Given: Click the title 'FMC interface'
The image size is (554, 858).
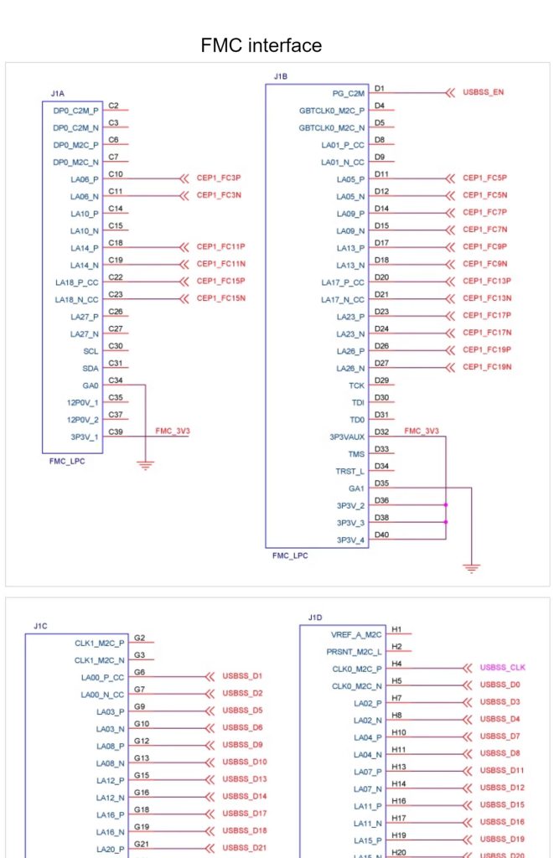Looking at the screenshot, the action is (261, 45).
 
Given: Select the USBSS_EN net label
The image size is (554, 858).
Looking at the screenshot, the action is (483, 92).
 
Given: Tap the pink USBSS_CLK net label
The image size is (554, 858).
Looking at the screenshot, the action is (502, 667).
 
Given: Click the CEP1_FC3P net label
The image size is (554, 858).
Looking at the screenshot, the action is (219, 178).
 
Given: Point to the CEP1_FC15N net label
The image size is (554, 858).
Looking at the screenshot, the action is (220, 298).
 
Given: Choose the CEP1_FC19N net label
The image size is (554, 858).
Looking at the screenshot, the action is (487, 367).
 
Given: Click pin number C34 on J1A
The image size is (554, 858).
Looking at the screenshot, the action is (116, 380).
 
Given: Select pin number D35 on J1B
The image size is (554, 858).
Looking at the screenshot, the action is (381, 483).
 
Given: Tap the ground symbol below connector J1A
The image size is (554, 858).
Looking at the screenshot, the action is (145, 465).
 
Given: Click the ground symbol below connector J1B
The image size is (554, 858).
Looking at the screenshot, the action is (471, 568).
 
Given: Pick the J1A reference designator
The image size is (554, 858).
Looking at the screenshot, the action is (58, 94).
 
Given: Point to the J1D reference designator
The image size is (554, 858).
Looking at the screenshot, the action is (315, 618).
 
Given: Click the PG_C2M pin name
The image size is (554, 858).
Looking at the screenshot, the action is (348, 94).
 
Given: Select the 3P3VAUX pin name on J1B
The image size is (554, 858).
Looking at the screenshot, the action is (346, 437).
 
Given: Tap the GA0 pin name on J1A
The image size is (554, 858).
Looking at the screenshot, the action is (91, 385).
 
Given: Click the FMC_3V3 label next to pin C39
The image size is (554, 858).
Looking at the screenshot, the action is (173, 432).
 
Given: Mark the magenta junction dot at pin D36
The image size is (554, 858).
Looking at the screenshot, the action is (446, 505).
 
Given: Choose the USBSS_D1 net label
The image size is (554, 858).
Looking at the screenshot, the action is (242, 676).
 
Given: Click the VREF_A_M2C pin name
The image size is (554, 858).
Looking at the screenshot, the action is (356, 635).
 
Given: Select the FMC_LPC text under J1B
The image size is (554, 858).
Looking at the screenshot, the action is (290, 556).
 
